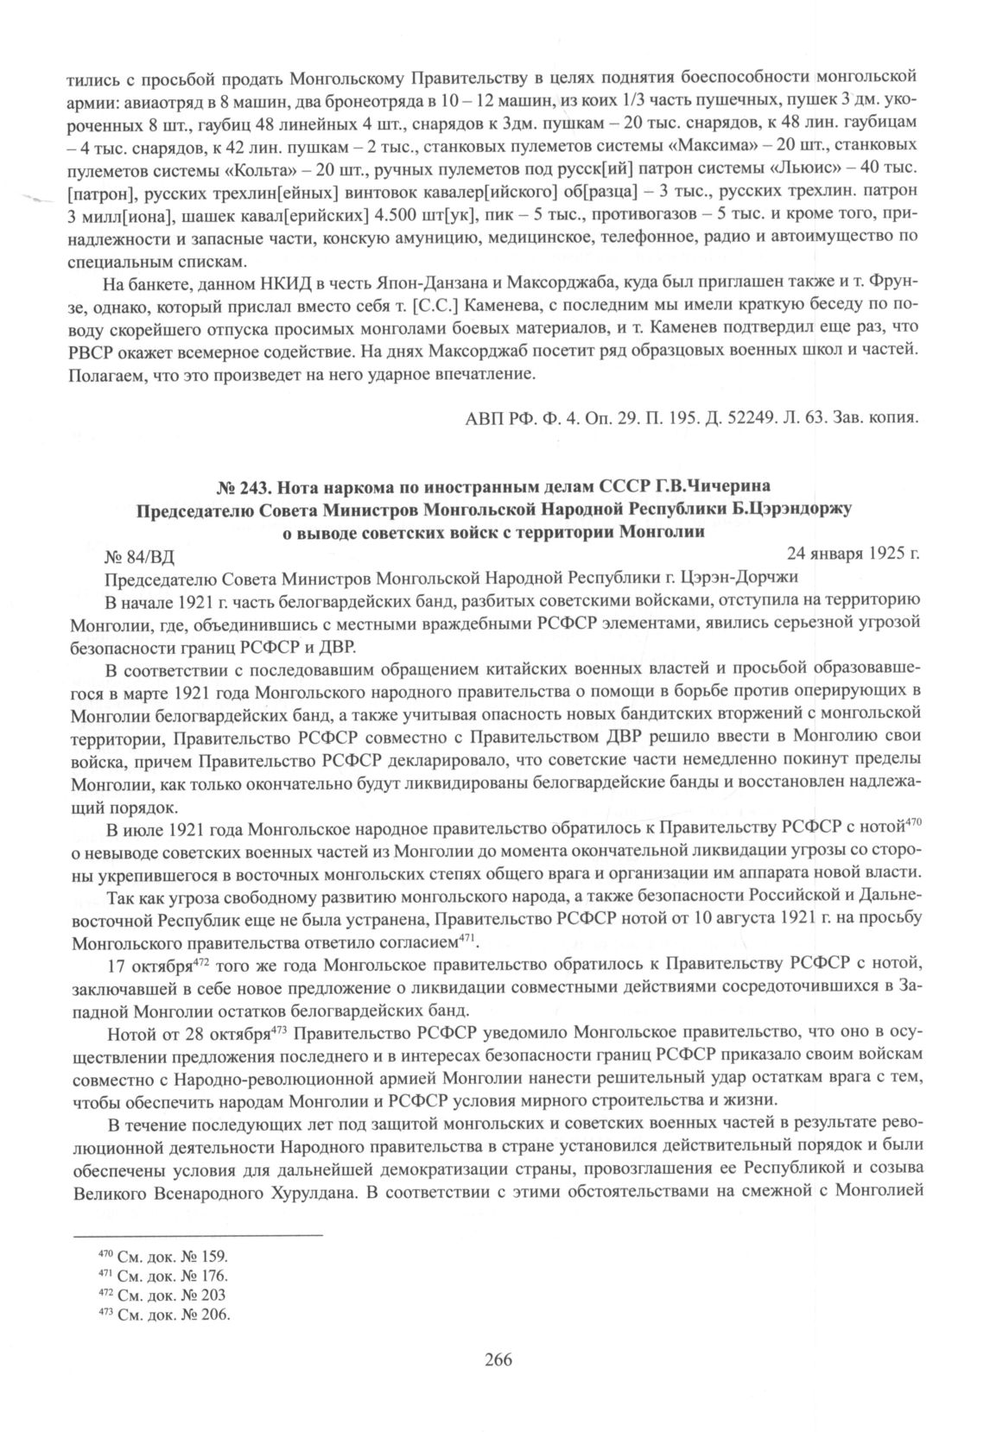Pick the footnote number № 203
pyautogui.click(x=205, y=1295)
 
